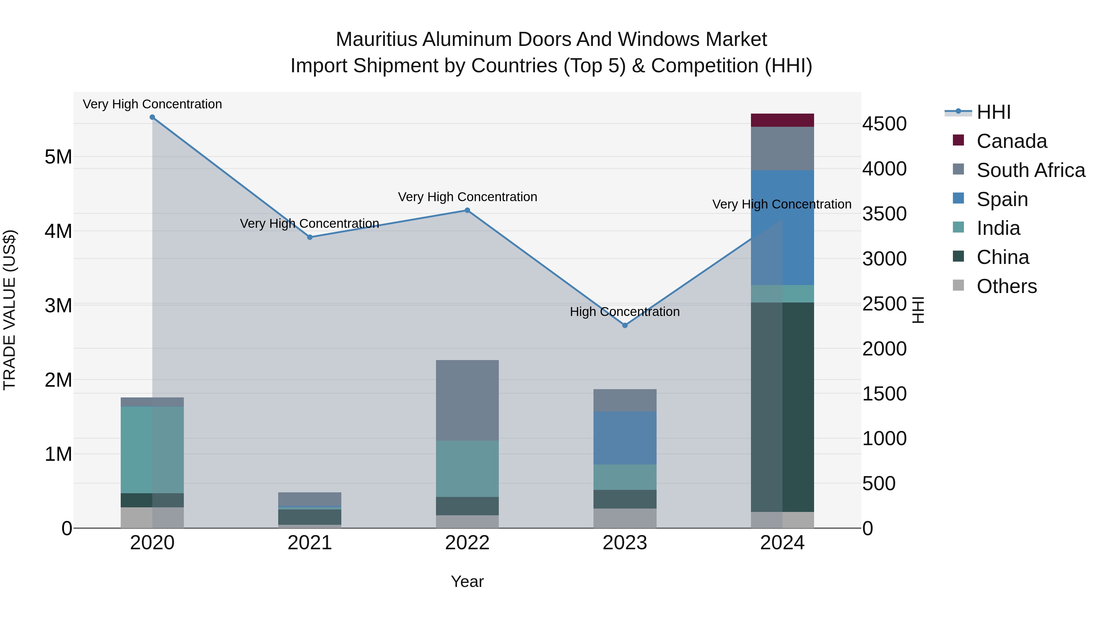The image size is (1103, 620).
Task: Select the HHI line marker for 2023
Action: coord(625,325)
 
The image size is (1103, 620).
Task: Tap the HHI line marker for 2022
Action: coord(467,210)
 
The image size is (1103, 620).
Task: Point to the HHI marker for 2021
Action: coord(309,237)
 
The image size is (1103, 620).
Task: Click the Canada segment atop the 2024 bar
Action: coord(782,120)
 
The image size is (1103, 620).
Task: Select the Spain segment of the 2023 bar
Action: coord(625,438)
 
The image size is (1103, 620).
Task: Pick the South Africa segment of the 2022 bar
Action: coord(467,400)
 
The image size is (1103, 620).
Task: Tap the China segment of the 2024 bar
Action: coord(782,407)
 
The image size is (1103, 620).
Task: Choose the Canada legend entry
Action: coord(1011,141)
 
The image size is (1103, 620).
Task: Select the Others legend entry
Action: coord(1006,286)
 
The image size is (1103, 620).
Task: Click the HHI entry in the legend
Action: coord(993,112)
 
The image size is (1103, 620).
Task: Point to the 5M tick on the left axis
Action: coord(58,157)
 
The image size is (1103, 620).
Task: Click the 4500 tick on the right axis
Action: coord(884,124)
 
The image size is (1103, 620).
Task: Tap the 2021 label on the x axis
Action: coord(309,543)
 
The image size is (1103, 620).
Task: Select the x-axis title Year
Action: coord(467,581)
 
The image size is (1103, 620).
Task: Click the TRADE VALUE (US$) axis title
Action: coord(9,310)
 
